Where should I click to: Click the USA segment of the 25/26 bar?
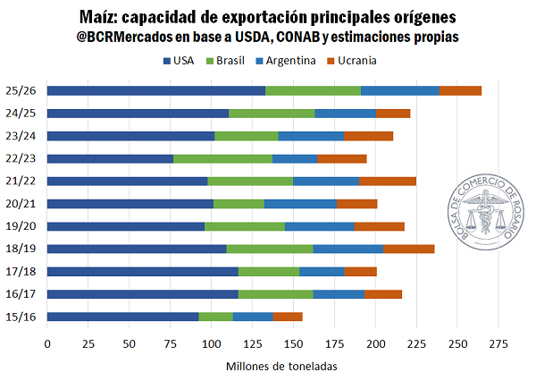point(156,90)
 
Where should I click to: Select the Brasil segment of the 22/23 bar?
point(222,158)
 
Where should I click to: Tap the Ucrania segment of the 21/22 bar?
point(387,181)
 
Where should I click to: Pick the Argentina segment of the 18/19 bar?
point(348,249)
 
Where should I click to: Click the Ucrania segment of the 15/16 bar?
point(288,316)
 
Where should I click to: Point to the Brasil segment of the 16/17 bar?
point(275,293)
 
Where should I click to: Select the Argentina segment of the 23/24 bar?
point(311,136)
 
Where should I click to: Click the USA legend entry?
point(180,61)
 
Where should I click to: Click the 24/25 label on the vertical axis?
point(21,114)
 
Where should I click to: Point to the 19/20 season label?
point(21,226)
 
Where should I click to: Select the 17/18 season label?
point(21,271)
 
